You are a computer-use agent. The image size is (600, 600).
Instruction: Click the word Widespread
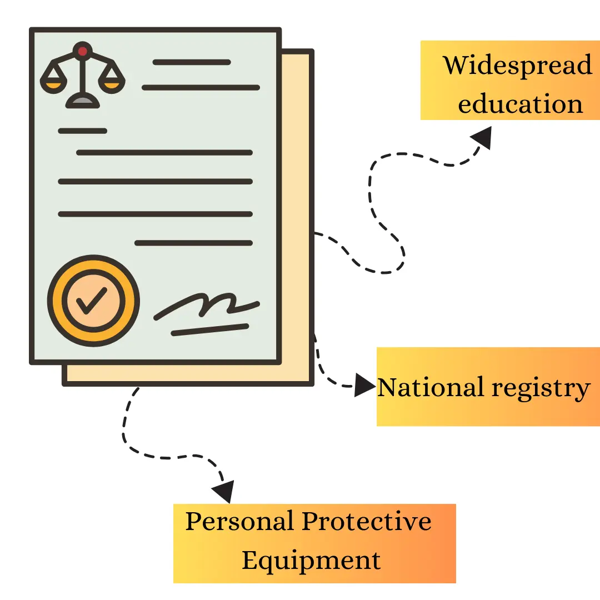pyautogui.click(x=517, y=66)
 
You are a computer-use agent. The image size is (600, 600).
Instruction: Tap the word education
pyautogui.click(x=521, y=104)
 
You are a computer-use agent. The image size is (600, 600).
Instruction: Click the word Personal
pyautogui.click(x=239, y=522)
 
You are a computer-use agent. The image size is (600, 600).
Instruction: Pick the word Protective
pyautogui.click(x=367, y=522)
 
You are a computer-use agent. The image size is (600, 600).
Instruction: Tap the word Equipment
pyautogui.click(x=312, y=560)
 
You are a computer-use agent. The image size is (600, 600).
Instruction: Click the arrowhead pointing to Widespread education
pyautogui.click(x=482, y=137)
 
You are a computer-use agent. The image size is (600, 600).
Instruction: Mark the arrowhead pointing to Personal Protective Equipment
pyautogui.click(x=223, y=491)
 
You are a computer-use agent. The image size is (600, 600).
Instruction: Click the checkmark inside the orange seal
pyautogui.click(x=93, y=301)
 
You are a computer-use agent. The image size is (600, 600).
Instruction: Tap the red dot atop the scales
pyautogui.click(x=83, y=51)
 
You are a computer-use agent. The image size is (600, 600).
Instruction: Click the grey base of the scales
pyautogui.click(x=83, y=101)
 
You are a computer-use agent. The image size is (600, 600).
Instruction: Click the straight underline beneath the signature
pyautogui.click(x=209, y=329)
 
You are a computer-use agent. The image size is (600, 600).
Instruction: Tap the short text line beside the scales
pyautogui.click(x=192, y=62)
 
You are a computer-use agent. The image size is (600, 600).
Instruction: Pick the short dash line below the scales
pyautogui.click(x=82, y=131)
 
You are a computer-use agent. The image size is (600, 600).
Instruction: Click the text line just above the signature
pyautogui.click(x=194, y=243)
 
